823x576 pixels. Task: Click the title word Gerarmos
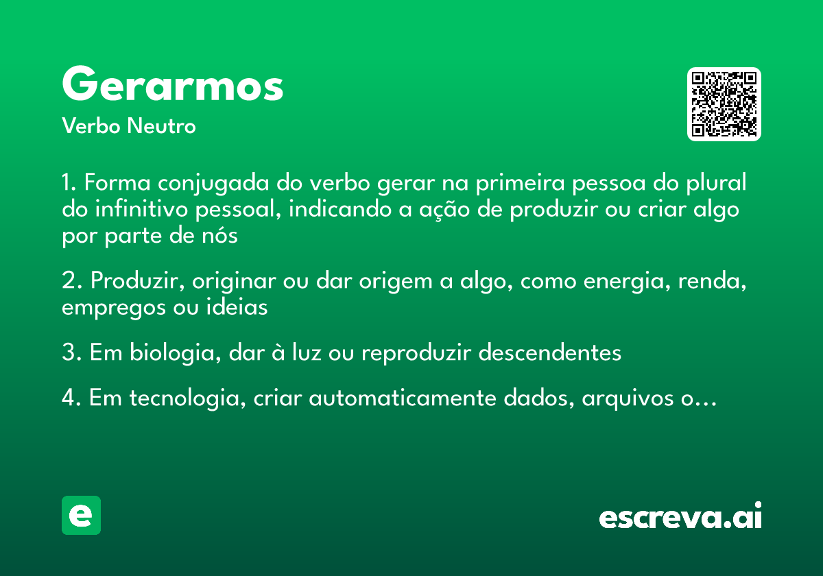coord(172,86)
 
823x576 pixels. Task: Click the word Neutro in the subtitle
coord(161,126)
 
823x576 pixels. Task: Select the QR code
coord(724,104)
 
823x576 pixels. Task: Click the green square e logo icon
coord(81,515)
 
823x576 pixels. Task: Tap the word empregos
coord(107,308)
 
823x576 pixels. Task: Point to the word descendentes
coord(549,352)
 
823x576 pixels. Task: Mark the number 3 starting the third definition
coord(67,352)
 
